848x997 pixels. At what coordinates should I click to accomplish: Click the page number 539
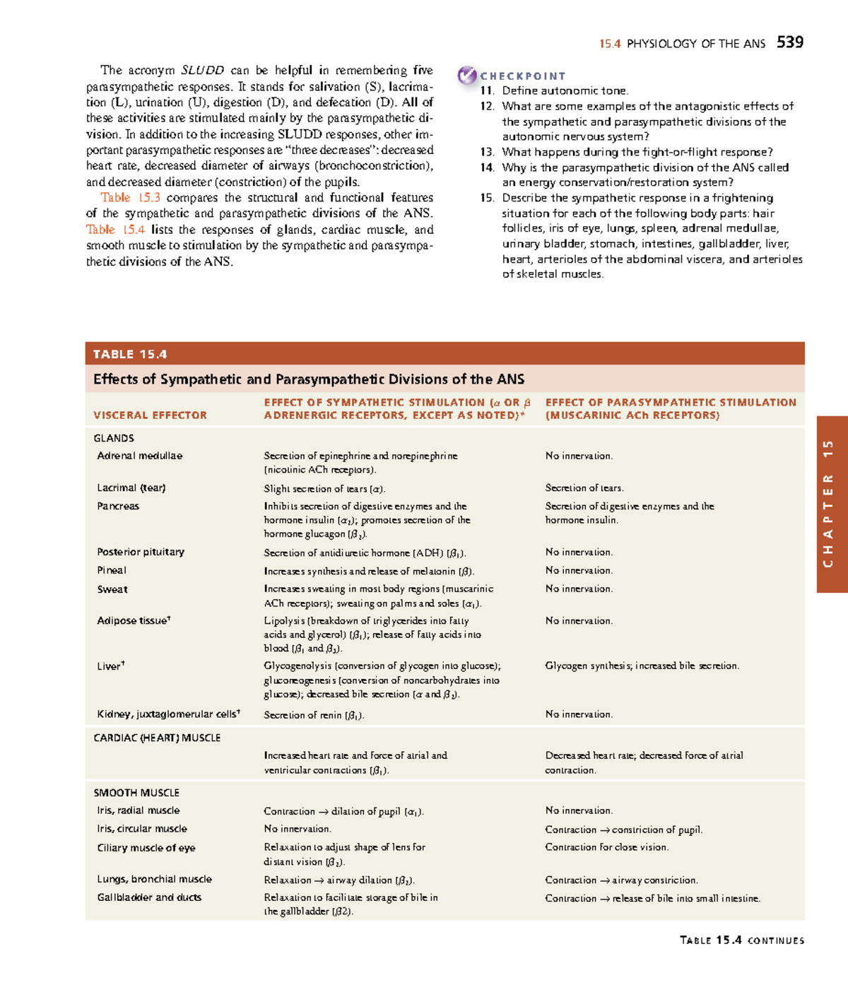tap(789, 42)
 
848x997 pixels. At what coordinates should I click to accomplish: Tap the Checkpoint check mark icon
tap(466, 75)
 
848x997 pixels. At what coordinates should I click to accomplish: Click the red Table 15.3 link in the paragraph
tap(130, 198)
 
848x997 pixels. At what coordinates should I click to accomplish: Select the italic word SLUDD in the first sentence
tap(202, 70)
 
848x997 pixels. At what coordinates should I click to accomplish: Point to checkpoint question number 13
tap(487, 152)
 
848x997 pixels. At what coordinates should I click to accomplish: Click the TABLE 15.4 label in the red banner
tap(130, 354)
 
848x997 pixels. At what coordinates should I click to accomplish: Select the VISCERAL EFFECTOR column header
tap(150, 415)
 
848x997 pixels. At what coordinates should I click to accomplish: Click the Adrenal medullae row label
tap(139, 456)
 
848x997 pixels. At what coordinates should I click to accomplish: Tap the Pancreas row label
tap(118, 506)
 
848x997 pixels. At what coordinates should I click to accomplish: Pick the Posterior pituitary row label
tap(141, 552)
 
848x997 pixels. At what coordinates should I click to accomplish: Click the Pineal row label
tap(112, 570)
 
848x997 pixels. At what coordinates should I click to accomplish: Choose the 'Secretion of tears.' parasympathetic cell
tap(584, 488)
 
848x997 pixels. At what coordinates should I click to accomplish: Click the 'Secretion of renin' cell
tap(314, 715)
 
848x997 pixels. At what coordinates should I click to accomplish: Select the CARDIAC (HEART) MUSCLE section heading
tap(157, 738)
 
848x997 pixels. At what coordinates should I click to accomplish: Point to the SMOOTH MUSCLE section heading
tap(136, 793)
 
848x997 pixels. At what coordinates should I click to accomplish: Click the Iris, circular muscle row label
tap(142, 829)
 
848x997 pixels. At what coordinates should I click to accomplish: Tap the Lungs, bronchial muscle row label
tap(154, 879)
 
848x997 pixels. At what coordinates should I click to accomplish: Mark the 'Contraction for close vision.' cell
tap(606, 847)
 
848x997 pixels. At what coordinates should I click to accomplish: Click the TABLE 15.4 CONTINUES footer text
tap(741, 940)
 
